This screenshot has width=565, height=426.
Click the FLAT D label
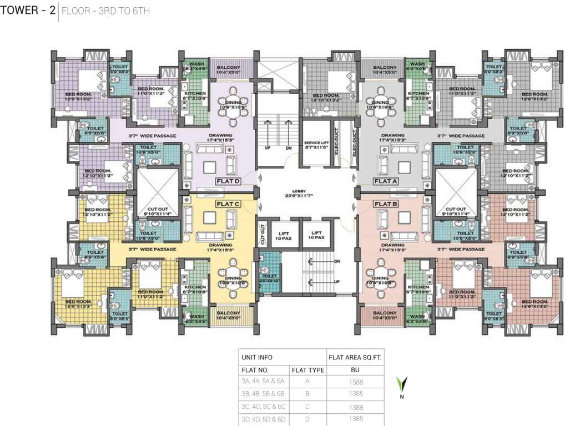pyautogui.click(x=228, y=181)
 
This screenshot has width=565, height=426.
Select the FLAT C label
pyautogui.click(x=228, y=204)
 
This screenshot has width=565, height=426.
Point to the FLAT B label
pyautogui.click(x=386, y=204)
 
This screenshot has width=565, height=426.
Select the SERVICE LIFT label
pyautogui.click(x=317, y=145)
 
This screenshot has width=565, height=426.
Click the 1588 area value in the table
pyautogui.click(x=354, y=382)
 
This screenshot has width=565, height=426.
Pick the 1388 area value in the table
pyautogui.click(x=354, y=407)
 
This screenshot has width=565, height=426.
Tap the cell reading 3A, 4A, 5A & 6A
pyautogui.click(x=263, y=382)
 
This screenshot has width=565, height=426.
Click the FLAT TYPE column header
pyautogui.click(x=307, y=369)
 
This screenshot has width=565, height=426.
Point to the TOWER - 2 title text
pyautogui.click(x=28, y=11)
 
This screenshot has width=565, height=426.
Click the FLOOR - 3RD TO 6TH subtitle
pyautogui.click(x=105, y=11)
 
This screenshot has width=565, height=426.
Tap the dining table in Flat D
pyautogui.click(x=229, y=103)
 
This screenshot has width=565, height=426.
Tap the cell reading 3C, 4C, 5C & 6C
pyautogui.click(x=263, y=407)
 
